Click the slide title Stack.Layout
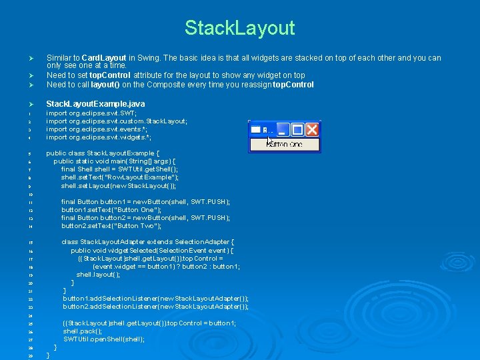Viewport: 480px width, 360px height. tap(239, 28)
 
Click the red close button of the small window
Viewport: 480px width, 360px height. tap(313, 129)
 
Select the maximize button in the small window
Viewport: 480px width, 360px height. tap(297, 129)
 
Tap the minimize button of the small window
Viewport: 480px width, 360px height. tap(283, 129)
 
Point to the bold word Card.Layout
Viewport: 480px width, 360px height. tap(103, 58)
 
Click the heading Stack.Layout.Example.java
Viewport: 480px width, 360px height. tap(95, 104)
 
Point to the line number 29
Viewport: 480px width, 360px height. tap(31, 356)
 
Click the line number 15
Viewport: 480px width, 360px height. tap(31, 242)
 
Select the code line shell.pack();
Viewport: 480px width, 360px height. tap(83, 331)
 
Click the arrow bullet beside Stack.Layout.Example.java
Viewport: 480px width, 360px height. tap(30, 104)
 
